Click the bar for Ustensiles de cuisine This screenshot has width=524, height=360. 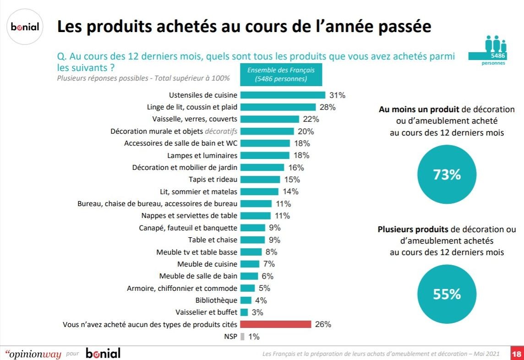(283, 95)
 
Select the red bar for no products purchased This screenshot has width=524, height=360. (276, 324)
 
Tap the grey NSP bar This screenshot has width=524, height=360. (242, 337)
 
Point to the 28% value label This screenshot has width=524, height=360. (328, 107)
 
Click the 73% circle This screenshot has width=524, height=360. (447, 175)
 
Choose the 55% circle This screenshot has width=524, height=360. (447, 294)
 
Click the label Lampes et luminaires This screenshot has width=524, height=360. (202, 155)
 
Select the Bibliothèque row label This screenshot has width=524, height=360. (217, 300)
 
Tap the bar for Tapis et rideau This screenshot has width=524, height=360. (260, 180)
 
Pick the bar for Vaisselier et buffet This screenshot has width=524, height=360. (244, 312)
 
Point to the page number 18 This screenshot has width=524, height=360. (517, 354)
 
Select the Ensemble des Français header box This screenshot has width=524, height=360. (281, 74)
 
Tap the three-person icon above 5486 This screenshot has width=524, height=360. (495, 44)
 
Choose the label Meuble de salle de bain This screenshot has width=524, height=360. (198, 276)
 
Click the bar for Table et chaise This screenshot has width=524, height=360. (252, 240)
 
